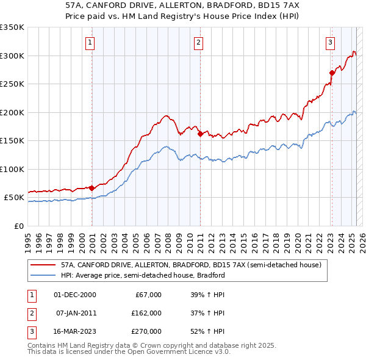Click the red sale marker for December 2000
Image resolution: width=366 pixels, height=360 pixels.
[91, 188]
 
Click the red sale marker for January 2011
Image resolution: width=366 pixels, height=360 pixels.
[200, 134]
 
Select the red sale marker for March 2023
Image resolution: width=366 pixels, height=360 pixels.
[332, 73]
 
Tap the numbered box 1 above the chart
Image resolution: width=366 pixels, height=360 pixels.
[90, 42]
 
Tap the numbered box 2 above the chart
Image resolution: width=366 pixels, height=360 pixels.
[199, 42]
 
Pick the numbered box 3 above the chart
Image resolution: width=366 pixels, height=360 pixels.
[330, 42]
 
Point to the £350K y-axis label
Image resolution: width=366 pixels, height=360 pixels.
[12, 27]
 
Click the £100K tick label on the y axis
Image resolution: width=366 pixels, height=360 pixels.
[12, 169]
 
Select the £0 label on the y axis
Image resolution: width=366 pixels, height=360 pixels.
[18, 226]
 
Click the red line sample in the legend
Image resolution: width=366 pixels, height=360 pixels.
[43, 265]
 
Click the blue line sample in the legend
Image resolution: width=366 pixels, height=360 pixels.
[43, 275]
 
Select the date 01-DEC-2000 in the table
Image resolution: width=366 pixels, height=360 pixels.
[75, 295]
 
